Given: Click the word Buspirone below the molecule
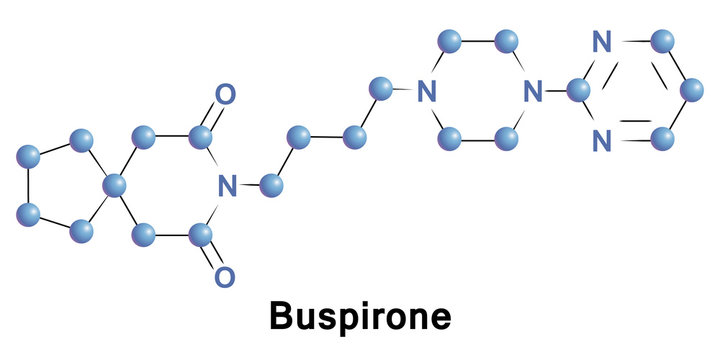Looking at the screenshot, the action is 359,318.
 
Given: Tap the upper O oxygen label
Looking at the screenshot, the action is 226,95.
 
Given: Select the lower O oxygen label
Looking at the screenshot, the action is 226,275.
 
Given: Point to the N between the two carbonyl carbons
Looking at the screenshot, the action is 227,185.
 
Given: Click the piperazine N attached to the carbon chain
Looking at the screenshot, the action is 427,92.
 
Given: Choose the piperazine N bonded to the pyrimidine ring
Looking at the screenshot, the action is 533,92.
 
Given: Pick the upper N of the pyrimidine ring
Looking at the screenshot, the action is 601,42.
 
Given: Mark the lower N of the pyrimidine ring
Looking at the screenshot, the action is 601,142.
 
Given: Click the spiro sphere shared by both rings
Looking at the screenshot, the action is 115,184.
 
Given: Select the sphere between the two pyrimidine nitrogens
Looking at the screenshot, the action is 578,91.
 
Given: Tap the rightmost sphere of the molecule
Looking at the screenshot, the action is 690,91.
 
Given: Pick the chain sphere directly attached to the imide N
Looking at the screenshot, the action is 270,184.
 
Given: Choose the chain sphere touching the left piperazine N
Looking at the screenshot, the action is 379,88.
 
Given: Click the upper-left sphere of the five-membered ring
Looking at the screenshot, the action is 30,156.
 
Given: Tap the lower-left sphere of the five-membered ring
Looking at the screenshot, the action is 30,214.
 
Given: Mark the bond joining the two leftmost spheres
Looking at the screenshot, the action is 30,185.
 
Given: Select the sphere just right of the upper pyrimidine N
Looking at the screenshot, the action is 661,42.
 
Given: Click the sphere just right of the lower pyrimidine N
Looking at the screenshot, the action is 661,141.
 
